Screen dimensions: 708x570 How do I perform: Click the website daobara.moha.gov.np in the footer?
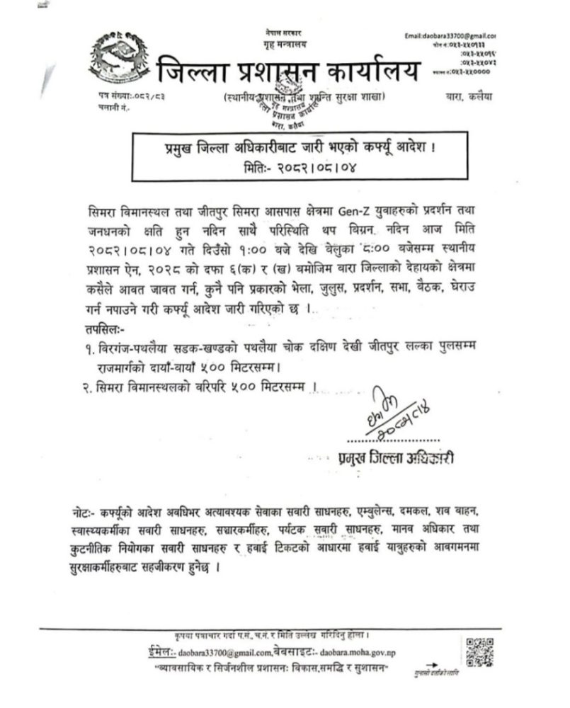pyautogui.click(x=360, y=652)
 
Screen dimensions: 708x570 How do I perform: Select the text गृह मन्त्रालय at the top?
pyautogui.click(x=283, y=42)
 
